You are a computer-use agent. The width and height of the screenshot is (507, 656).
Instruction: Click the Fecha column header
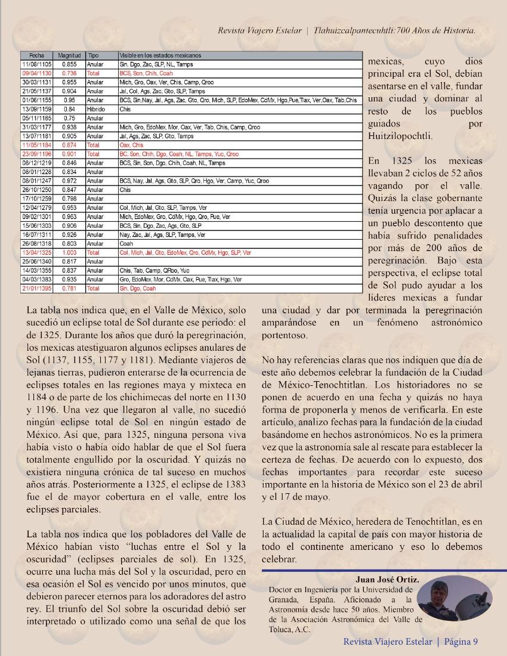[36, 55]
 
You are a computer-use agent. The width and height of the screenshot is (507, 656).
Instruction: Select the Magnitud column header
[69, 55]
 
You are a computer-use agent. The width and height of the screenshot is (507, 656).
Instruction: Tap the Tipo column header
[94, 55]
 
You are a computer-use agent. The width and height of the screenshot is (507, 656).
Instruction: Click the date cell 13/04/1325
[36, 252]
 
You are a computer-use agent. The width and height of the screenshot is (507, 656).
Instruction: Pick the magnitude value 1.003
[69, 252]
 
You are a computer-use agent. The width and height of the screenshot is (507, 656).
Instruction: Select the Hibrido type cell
[95, 109]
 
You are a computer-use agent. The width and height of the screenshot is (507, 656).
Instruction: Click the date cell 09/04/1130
[36, 73]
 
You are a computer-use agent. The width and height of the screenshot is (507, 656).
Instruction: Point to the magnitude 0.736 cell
[69, 73]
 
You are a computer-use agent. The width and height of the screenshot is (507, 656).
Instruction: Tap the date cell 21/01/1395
[36, 288]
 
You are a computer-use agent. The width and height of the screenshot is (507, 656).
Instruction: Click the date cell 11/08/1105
[36, 64]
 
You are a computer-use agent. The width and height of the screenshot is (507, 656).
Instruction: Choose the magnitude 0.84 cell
[69, 109]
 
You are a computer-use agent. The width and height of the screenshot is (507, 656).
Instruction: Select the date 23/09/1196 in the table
[36, 154]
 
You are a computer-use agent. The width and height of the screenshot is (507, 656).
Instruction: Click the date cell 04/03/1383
[36, 279]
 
